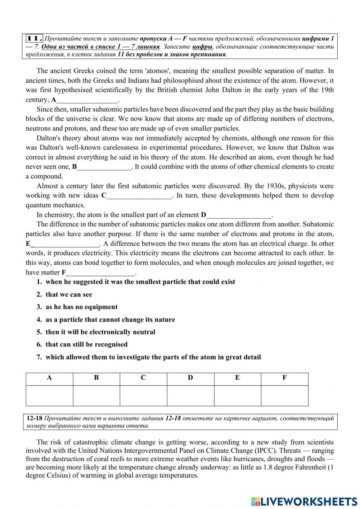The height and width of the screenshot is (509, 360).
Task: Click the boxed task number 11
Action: (35, 39)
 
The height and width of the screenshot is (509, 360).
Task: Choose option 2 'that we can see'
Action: (68, 295)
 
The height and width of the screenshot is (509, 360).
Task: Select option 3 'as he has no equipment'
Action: (81, 307)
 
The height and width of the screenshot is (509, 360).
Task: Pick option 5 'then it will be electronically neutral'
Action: (100, 332)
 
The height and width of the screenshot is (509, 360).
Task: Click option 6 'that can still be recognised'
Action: (86, 345)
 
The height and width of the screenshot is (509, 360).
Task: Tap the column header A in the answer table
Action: (49, 378)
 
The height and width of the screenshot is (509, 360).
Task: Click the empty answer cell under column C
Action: (143, 396)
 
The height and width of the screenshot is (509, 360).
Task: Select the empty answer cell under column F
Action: (284, 396)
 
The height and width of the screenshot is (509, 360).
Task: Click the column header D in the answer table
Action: (190, 378)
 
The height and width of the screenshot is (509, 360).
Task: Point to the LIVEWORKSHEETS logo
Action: (304, 501)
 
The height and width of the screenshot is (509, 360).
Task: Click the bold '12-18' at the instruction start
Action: (35, 419)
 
